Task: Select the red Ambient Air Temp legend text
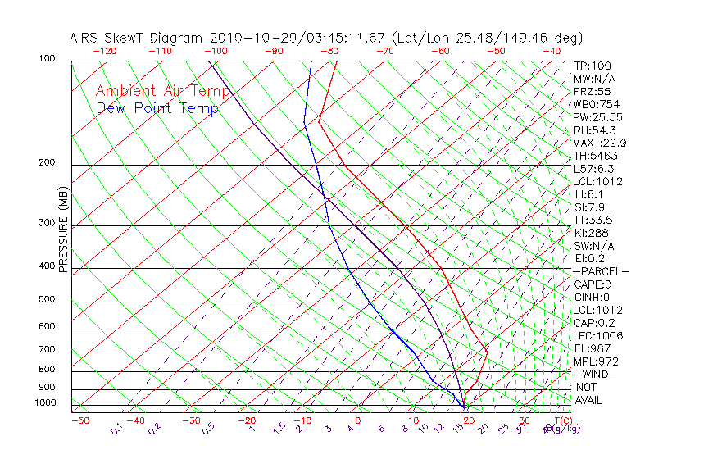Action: coord(162,91)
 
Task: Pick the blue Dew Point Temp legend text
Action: coord(157,108)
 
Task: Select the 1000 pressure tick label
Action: coord(47,402)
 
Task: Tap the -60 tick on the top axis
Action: coord(440,51)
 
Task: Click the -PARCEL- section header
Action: coord(601,271)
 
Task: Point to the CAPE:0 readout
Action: coord(593,284)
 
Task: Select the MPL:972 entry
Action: coord(595,361)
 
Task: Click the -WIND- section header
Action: coord(595,374)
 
